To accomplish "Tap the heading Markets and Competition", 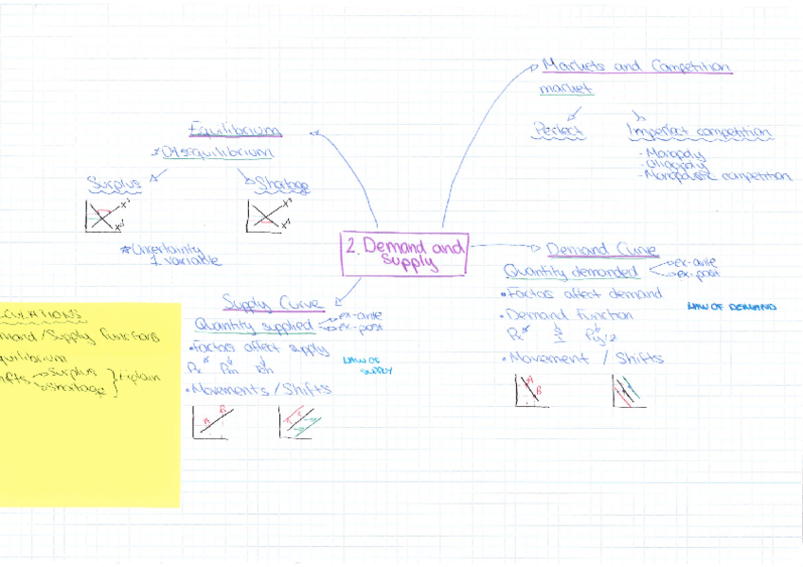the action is [x=635, y=67].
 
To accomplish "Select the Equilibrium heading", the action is [x=235, y=129].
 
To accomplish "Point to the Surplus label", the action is [x=114, y=183].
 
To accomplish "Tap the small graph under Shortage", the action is [x=266, y=217].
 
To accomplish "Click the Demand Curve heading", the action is [x=601, y=250].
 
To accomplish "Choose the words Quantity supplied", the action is [x=253, y=326].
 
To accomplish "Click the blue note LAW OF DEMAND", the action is [x=731, y=307].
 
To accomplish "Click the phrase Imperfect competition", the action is [x=700, y=132].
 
